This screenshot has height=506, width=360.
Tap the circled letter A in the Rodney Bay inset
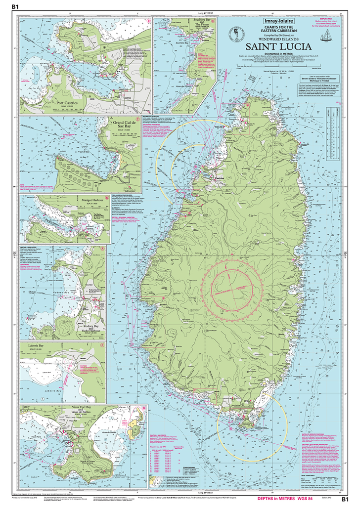point(102,250)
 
